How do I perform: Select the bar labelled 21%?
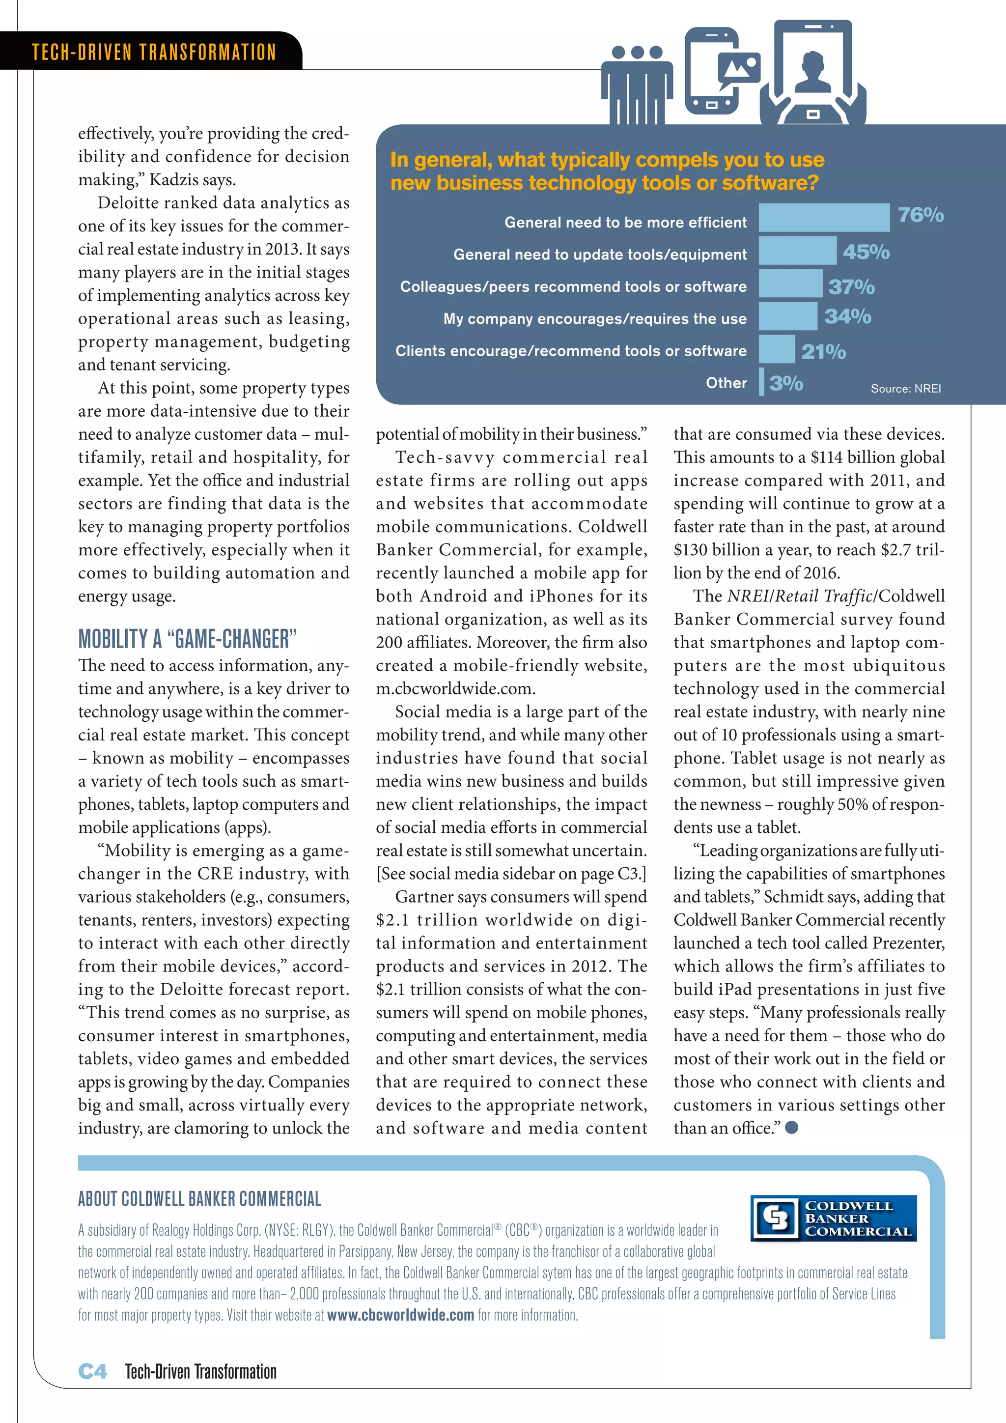(x=776, y=349)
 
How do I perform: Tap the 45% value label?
(x=866, y=252)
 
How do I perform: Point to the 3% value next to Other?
(x=785, y=383)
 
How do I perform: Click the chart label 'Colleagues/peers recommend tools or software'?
(x=573, y=286)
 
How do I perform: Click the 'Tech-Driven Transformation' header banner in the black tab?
(x=154, y=52)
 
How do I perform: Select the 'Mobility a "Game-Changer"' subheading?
(x=187, y=638)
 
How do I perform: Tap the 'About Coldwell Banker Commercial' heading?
(x=199, y=1198)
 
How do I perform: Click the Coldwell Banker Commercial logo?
(x=833, y=1218)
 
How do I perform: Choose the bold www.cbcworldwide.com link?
(x=400, y=1314)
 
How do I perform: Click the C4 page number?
(x=92, y=1371)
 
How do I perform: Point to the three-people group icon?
(x=637, y=84)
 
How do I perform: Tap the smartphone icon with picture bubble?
(x=719, y=71)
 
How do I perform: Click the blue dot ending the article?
(x=791, y=1127)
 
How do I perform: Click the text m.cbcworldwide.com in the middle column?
(x=455, y=688)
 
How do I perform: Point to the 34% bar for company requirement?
(x=787, y=316)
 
